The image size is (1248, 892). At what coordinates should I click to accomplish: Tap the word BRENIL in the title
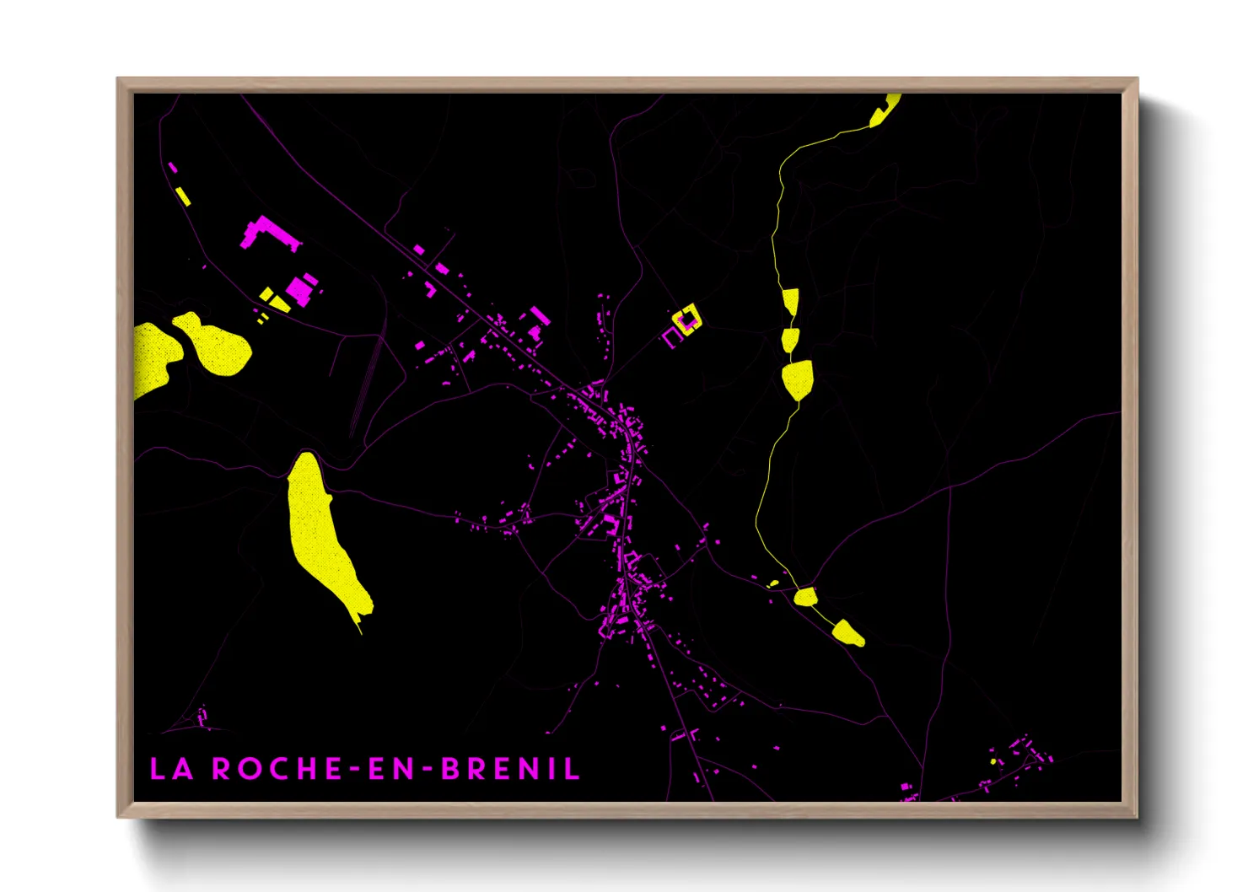pyautogui.click(x=511, y=769)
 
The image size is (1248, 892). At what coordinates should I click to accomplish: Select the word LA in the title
pyautogui.click(x=171, y=769)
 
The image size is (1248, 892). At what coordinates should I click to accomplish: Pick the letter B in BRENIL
pyautogui.click(x=450, y=769)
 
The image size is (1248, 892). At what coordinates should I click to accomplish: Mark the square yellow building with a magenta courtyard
pyautogui.click(x=686, y=320)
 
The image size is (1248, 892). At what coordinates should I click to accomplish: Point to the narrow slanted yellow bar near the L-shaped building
pyautogui.click(x=182, y=196)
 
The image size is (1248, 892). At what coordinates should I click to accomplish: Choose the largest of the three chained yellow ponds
pyautogui.click(x=797, y=379)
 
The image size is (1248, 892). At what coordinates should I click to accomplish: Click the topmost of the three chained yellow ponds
pyautogui.click(x=790, y=301)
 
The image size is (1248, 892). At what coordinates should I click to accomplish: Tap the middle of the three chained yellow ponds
pyautogui.click(x=789, y=340)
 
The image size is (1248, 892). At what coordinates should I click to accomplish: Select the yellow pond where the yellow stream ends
pyautogui.click(x=848, y=632)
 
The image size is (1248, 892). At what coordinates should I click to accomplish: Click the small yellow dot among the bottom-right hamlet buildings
pyautogui.click(x=993, y=761)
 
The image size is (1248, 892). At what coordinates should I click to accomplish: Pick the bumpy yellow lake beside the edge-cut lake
pyautogui.click(x=215, y=346)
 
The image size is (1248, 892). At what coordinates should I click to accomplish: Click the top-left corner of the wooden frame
pyautogui.click(x=118, y=79)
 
